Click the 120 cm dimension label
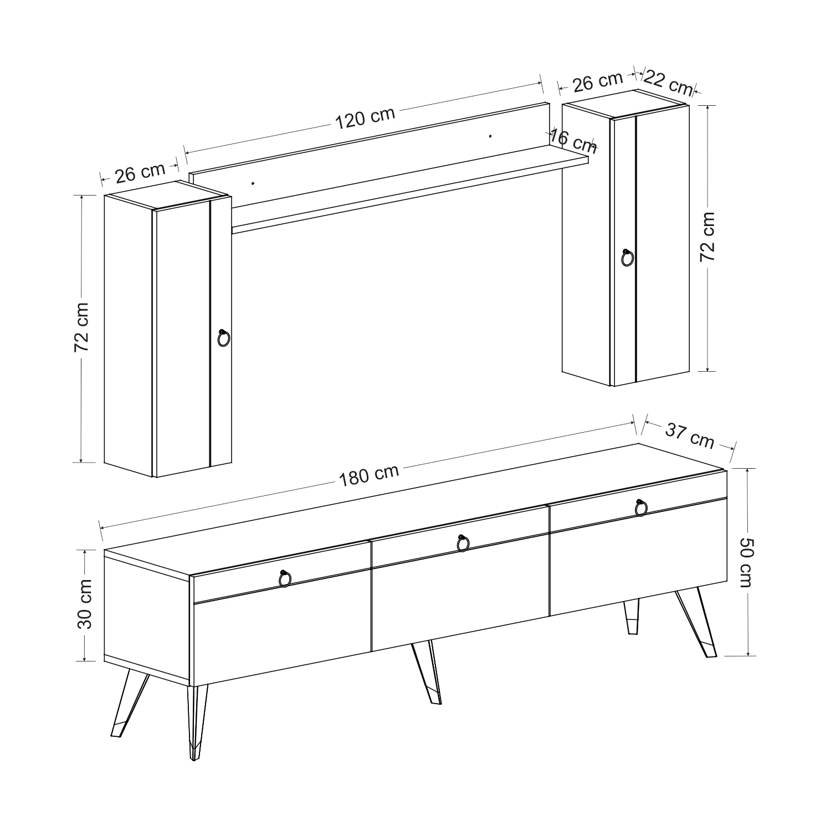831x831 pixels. (365, 117)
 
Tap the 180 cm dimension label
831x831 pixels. (369, 475)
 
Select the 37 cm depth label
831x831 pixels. (689, 435)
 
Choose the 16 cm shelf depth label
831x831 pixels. (573, 141)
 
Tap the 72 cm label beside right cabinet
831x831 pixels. (708, 237)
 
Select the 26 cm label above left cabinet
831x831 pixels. (140, 172)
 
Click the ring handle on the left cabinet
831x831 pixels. (223, 338)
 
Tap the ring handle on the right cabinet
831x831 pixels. (628, 258)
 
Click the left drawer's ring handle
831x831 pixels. (285, 578)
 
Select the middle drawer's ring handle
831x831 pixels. (463, 543)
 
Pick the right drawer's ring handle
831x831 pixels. (641, 507)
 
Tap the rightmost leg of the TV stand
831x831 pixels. (696, 623)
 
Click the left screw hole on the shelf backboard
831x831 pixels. (253, 183)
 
